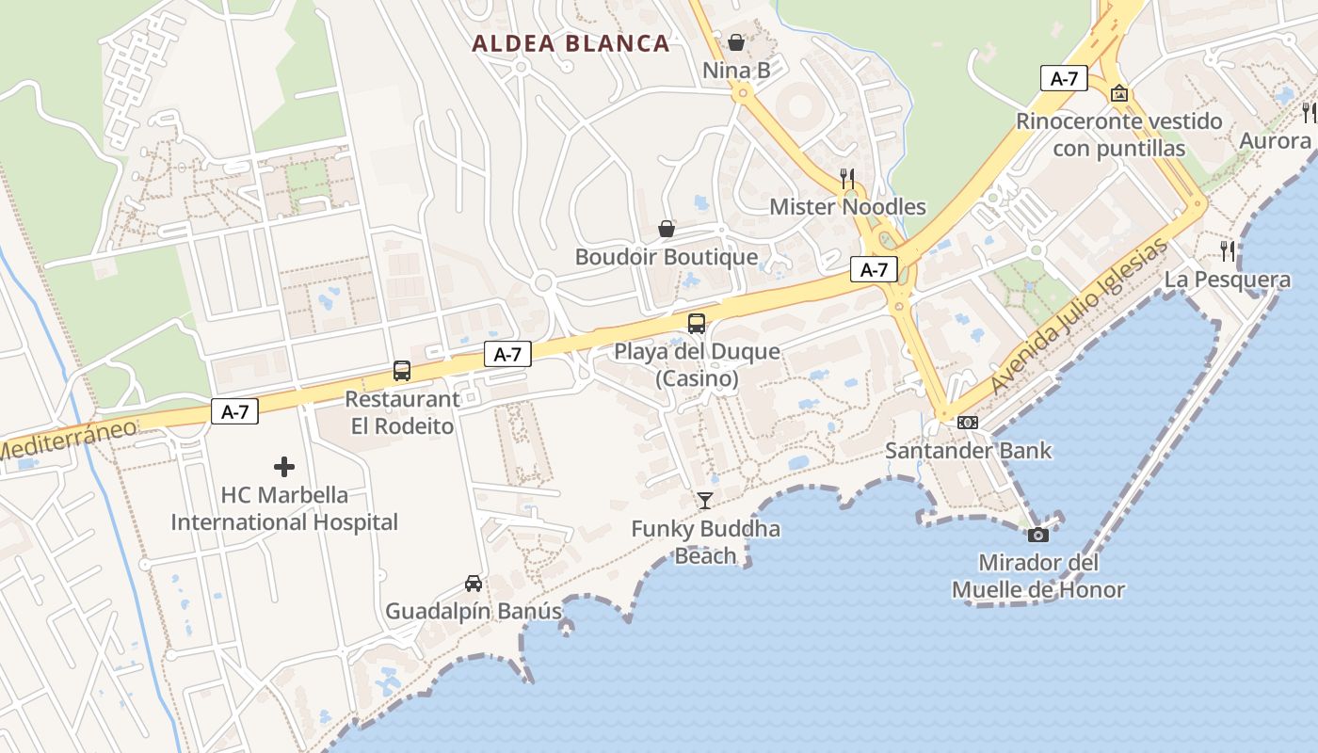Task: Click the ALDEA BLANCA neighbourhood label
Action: coord(571,43)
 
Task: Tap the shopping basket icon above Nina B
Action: coord(736,42)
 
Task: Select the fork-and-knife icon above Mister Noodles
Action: coord(847,178)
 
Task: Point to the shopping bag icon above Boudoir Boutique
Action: coord(667,229)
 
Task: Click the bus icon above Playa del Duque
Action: coord(697,324)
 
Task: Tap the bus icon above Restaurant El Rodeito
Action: coord(402,371)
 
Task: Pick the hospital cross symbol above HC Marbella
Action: coord(284,466)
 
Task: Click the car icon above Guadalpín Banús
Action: coord(474,584)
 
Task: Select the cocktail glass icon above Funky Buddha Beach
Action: coord(705,501)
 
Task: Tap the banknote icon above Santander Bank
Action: coord(968,423)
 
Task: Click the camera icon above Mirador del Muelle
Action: coord(1038,535)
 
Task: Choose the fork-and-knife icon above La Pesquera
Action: coord(1228,251)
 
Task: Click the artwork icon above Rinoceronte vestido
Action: coord(1119,93)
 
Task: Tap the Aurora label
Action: coord(1275,141)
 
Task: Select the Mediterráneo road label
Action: coord(66,440)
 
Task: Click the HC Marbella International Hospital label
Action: coord(284,508)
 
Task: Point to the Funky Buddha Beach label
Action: coord(705,542)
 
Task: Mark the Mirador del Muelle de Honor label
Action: coord(1038,577)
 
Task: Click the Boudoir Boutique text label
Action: coord(667,257)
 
